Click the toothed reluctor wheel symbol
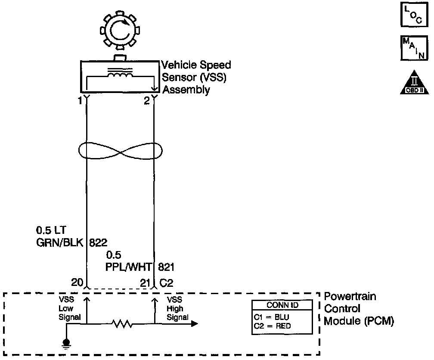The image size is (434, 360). coord(118,31)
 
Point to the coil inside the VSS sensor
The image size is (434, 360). coord(120,75)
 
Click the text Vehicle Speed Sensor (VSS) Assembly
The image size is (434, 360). coord(196,78)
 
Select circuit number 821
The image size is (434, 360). coord(166,267)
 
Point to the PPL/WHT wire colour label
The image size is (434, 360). coord(128,267)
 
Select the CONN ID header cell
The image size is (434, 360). coord(282,305)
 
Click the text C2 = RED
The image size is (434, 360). coord(273,326)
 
